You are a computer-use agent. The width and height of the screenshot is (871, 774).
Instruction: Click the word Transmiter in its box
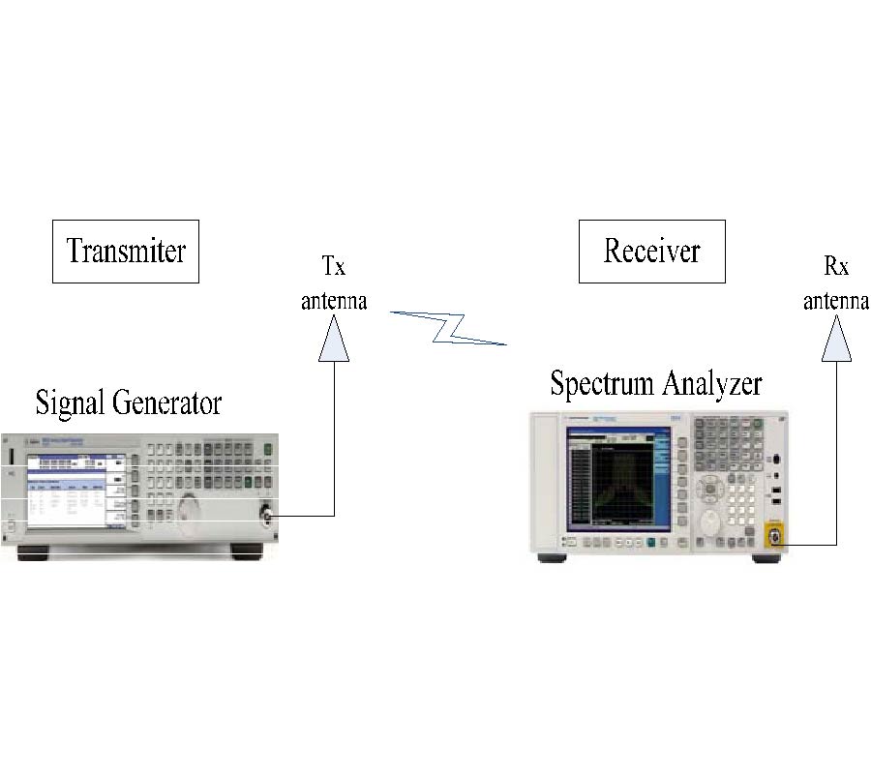click(x=125, y=251)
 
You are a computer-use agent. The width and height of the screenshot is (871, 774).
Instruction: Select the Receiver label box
click(x=651, y=251)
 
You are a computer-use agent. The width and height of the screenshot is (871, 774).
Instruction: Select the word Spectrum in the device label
click(x=600, y=384)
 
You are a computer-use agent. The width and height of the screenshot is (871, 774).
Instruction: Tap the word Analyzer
click(x=712, y=384)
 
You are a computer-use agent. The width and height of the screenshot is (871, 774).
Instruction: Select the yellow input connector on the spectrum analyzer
click(x=774, y=537)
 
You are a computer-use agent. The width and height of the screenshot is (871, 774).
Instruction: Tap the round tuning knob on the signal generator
click(x=192, y=509)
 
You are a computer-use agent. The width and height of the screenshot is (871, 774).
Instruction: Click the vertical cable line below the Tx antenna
click(x=334, y=435)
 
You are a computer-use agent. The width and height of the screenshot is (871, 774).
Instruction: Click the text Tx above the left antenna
click(x=333, y=268)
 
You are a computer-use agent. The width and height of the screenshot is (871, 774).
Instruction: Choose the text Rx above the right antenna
click(x=835, y=268)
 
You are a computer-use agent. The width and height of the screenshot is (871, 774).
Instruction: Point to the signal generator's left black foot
click(x=36, y=552)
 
